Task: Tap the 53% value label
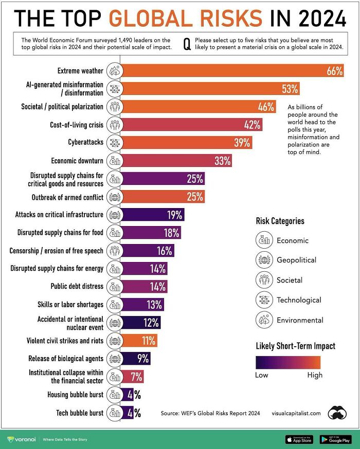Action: (290, 89)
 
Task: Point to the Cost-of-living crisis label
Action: (77, 124)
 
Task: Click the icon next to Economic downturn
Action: (115, 161)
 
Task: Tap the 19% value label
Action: (174, 215)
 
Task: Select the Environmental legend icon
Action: (263, 320)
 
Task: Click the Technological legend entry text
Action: (299, 300)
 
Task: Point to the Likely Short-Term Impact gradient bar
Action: (288, 363)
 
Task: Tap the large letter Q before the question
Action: (187, 45)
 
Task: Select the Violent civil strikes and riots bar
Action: (140, 340)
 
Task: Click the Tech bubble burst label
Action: (79, 413)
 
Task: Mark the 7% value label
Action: (136, 377)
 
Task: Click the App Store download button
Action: (299, 439)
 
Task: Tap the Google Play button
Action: (335, 439)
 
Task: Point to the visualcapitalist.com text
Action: (296, 413)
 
